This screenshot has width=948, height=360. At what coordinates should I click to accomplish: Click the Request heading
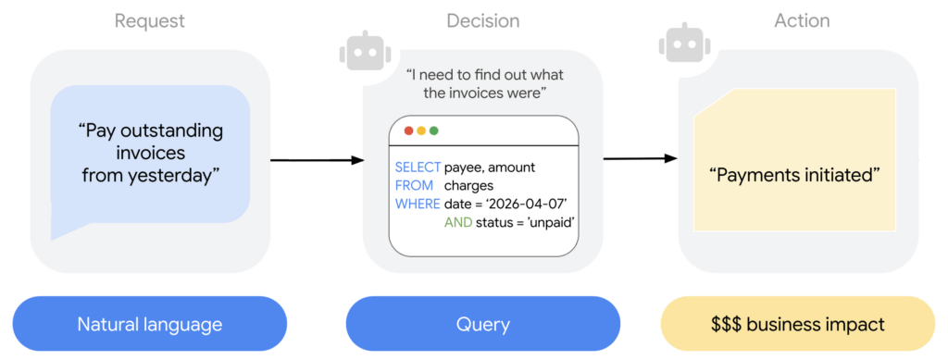click(x=150, y=20)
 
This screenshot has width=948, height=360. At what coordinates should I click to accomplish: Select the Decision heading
click(x=482, y=20)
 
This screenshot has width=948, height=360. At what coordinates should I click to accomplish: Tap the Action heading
click(x=802, y=20)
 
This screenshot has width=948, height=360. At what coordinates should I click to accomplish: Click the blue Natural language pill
click(x=150, y=325)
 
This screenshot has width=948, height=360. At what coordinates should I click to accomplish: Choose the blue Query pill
click(x=482, y=325)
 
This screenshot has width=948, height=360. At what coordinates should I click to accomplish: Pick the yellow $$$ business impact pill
click(x=797, y=325)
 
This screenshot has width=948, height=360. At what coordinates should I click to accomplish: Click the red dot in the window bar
click(x=409, y=131)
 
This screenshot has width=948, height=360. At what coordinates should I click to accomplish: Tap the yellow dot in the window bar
click(x=421, y=131)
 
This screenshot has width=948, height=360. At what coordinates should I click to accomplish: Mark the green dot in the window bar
click(x=433, y=131)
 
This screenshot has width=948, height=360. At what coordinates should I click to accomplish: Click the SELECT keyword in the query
click(x=418, y=168)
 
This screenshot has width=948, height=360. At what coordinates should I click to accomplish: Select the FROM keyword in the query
click(x=414, y=185)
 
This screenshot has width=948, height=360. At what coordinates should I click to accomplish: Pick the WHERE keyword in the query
click(x=418, y=204)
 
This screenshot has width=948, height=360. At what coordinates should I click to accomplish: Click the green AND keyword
click(x=457, y=222)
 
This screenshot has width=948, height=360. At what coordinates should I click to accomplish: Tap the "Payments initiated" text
click(x=793, y=173)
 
